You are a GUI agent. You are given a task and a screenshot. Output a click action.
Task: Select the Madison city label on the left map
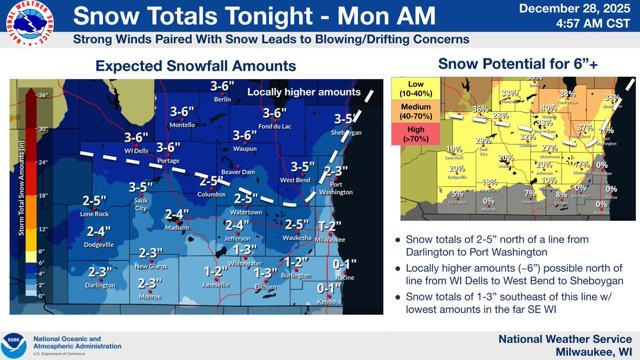click(177, 228)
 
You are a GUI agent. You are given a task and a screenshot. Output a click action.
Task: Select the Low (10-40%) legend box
click(415, 89)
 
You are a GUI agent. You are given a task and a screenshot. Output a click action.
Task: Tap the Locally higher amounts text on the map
click(304, 92)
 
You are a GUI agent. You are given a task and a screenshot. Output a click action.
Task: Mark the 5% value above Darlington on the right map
click(458, 194)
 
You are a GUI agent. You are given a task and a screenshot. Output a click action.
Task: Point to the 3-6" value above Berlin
click(222, 86)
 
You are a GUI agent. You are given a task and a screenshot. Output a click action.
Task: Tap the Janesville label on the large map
click(215, 285)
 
